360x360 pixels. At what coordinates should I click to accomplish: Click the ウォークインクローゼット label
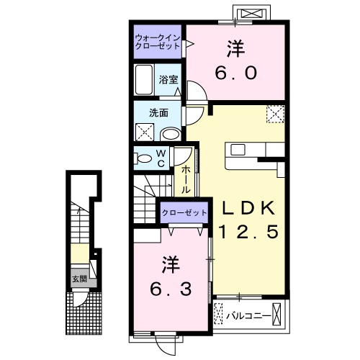[157, 42]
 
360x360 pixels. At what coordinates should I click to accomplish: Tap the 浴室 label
[168, 80]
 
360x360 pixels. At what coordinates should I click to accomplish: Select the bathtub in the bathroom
[144, 80]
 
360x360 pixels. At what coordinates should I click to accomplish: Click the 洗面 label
[158, 113]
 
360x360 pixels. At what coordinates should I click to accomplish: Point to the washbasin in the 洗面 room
[171, 135]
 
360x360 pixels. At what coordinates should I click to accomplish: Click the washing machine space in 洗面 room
[145, 132]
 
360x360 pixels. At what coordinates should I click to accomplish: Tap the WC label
[161, 158]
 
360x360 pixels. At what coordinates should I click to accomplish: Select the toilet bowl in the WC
[143, 158]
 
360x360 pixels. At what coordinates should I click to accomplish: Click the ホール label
[186, 180]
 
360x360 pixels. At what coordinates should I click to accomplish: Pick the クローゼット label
[184, 212]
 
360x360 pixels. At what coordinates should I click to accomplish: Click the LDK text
[248, 208]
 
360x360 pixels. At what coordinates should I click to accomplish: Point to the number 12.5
[248, 232]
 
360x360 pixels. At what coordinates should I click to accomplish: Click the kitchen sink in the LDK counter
[238, 150]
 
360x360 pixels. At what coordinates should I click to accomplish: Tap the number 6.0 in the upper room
[236, 73]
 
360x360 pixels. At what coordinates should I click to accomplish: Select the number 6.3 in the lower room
[171, 289]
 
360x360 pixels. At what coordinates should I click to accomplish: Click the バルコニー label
[248, 316]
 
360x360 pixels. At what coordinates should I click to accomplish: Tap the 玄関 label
[79, 279]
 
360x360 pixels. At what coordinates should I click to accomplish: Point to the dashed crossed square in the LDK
[275, 114]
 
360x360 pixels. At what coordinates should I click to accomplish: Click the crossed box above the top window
[252, 13]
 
